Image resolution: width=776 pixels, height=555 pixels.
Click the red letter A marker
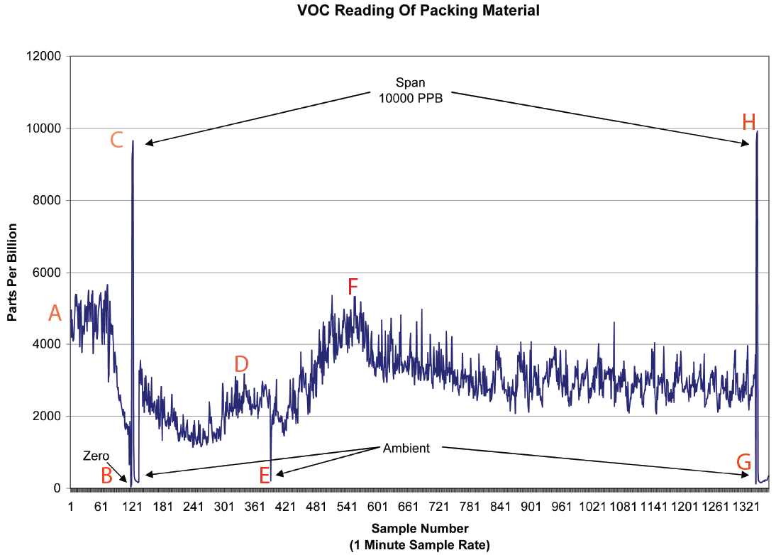tap(55, 313)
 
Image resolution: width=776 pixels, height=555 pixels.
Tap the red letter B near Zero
tap(106, 476)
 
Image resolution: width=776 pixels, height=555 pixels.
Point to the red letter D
tap(241, 364)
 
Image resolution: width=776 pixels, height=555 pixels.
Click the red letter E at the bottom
tap(265, 476)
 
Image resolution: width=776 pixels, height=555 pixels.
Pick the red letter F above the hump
tap(353, 287)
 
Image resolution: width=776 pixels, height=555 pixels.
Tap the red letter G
tap(743, 463)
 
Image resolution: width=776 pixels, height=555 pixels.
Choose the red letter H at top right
tap(748, 123)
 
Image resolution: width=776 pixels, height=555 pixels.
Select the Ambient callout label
tap(406, 449)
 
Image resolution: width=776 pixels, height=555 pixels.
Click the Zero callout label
tap(96, 455)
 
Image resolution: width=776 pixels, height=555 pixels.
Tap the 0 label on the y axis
tap(57, 488)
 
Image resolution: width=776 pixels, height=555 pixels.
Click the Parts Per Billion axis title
tap(12, 272)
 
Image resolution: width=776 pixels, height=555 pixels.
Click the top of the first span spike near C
tap(133, 141)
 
